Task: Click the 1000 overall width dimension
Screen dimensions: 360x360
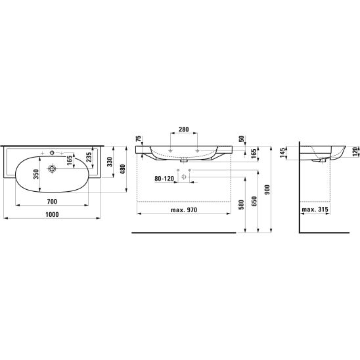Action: pos(52,214)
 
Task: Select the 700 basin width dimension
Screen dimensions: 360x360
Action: pos(52,202)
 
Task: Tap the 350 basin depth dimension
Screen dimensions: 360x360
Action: pos(36,174)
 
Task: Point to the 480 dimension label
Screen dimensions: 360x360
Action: pos(123,169)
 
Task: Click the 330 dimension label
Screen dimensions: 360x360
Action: pos(110,162)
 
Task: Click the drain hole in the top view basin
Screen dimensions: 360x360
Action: pos(52,169)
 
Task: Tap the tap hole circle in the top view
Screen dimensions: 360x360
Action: pos(52,152)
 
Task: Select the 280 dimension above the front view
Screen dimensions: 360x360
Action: pos(184,129)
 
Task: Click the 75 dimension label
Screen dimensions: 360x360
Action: pos(138,139)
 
